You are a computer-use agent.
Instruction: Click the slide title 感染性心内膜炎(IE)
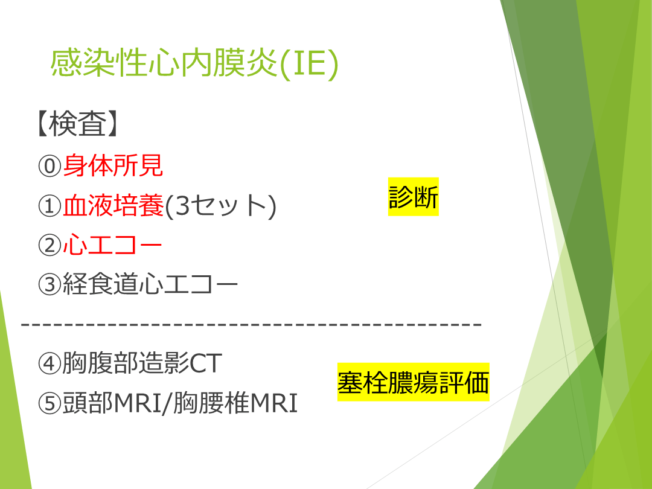click(x=194, y=63)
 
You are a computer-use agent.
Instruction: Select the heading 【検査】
click(x=77, y=124)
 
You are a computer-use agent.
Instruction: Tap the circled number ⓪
click(x=50, y=167)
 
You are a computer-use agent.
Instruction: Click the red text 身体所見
click(x=113, y=165)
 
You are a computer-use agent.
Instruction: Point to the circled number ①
click(x=50, y=206)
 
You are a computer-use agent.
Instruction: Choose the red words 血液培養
click(x=113, y=205)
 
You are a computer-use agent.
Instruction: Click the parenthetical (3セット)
click(x=220, y=206)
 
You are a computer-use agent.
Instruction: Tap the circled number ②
click(x=50, y=245)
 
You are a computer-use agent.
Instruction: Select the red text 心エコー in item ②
click(x=112, y=245)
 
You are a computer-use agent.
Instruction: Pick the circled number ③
click(x=50, y=284)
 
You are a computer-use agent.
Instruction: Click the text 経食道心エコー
click(x=150, y=284)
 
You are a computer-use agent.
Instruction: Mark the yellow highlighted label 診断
click(x=414, y=197)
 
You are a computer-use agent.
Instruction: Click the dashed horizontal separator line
click(x=251, y=324)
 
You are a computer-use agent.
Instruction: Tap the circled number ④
click(x=50, y=363)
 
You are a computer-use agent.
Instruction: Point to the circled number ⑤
click(x=50, y=403)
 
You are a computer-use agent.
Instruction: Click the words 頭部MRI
click(x=112, y=403)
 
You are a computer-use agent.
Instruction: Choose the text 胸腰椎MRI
click(x=235, y=403)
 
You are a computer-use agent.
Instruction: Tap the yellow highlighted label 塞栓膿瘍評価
click(x=414, y=382)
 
